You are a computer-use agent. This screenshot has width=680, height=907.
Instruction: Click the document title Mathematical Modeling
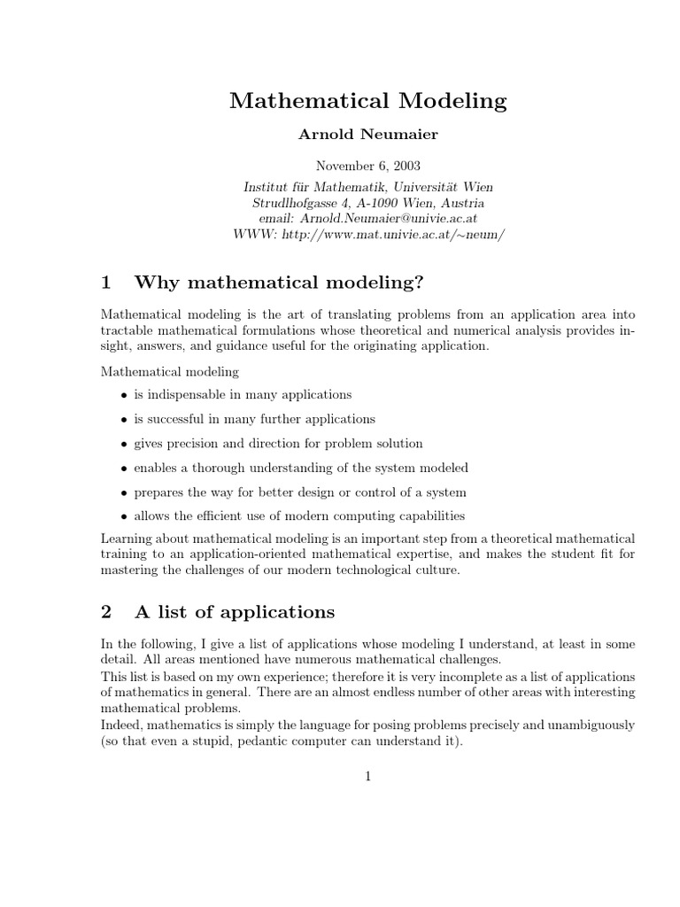(x=367, y=101)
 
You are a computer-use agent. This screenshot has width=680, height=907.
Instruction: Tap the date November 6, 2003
(x=367, y=166)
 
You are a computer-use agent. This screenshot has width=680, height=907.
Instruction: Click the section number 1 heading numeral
(x=106, y=283)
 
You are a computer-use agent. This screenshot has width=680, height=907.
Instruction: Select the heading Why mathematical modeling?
(x=279, y=283)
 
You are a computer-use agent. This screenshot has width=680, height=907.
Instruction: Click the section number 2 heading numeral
(x=106, y=612)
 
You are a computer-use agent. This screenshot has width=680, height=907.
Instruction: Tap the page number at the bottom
(x=367, y=777)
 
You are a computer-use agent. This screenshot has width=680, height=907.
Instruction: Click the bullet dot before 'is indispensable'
(x=123, y=395)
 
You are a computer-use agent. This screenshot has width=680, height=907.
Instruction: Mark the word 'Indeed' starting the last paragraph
(x=120, y=725)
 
